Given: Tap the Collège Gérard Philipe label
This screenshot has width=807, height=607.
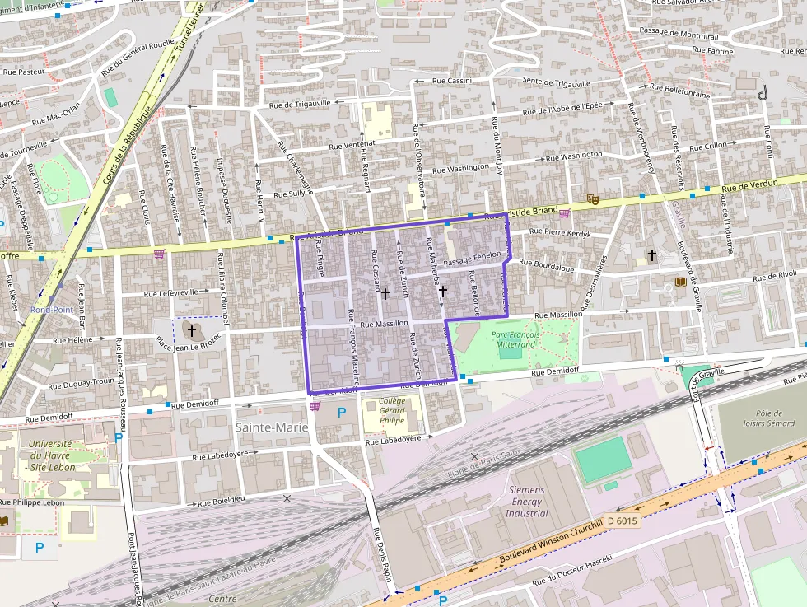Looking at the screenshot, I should coord(393,410).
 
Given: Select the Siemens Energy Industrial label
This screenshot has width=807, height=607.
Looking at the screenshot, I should coord(527,502).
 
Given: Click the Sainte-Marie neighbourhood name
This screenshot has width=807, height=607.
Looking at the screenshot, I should coord(272,427).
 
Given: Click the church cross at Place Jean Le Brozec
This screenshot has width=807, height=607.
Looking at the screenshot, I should coord(192,331).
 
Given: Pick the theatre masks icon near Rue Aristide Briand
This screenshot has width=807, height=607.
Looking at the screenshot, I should coord(592,198).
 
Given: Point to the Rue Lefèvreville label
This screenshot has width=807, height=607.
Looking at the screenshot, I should coord(171,292).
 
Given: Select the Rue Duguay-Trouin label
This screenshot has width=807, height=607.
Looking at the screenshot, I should coord(82,382).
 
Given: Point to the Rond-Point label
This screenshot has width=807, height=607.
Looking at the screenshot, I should coord(51,310).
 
